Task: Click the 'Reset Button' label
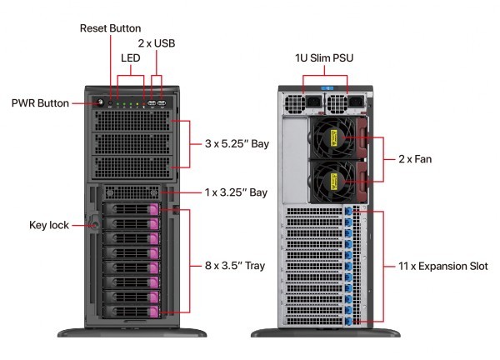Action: tap(110, 28)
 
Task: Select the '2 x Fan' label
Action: tap(414, 158)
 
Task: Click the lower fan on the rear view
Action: tap(332, 181)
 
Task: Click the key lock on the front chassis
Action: tap(93, 224)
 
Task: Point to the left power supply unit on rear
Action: tap(299, 103)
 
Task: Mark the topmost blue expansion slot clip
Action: tap(348, 210)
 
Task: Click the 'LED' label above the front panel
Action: tap(129, 58)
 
